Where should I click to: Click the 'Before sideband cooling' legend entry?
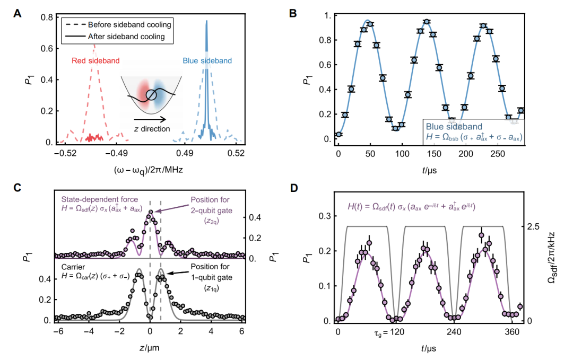coord(124,25)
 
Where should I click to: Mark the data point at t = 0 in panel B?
coord(339,134)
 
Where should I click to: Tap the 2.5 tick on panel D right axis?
coord(536,226)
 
